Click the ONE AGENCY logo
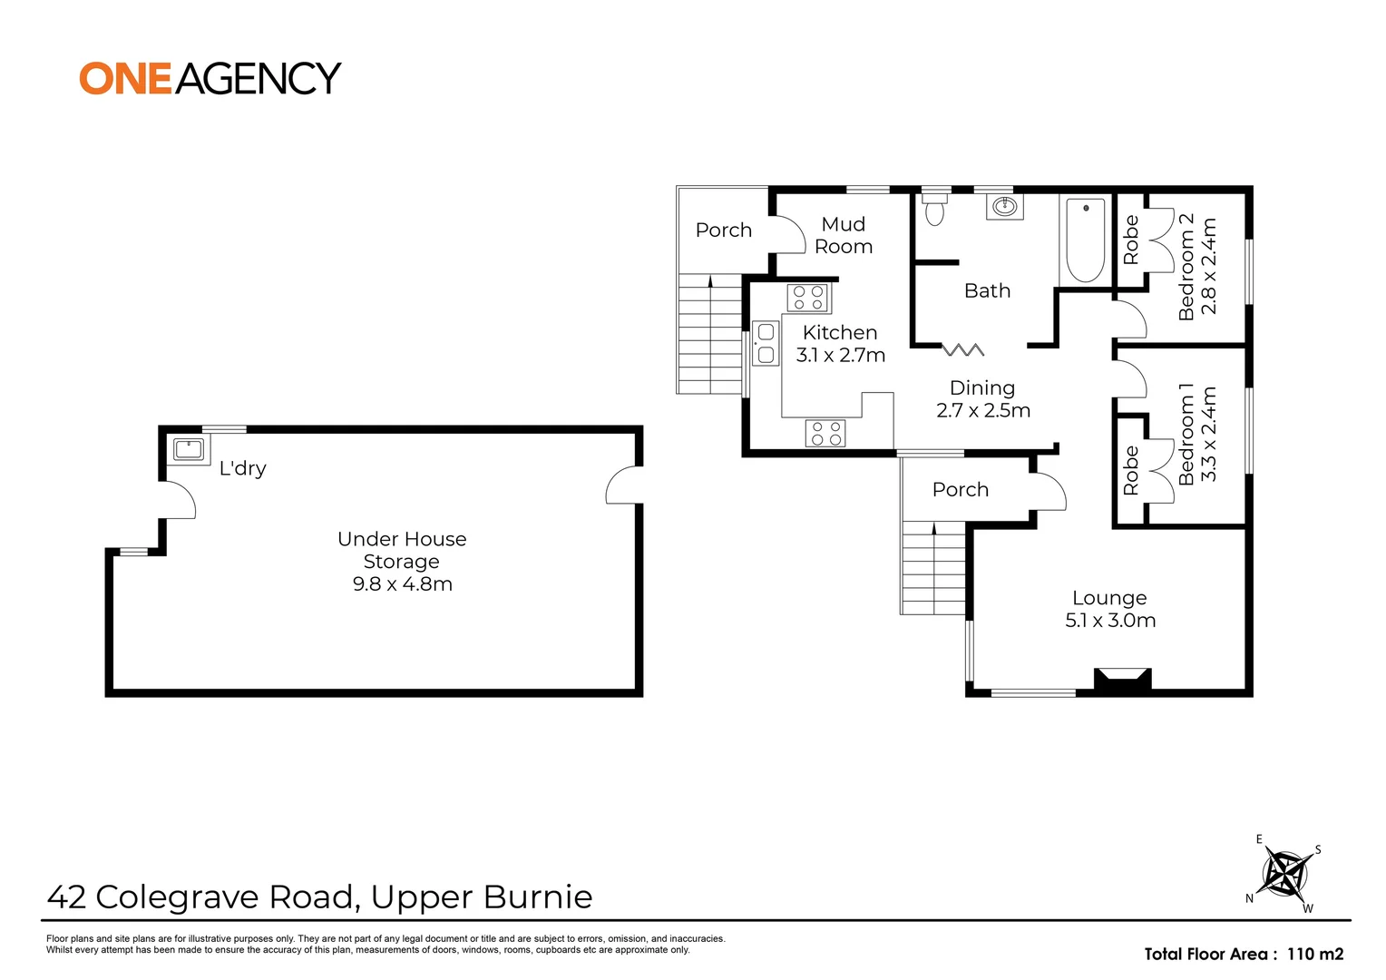click(210, 78)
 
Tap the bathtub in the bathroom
click(1085, 240)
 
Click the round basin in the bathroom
click(1004, 207)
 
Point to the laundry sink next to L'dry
click(189, 448)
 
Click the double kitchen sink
click(766, 343)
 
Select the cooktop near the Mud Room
click(807, 298)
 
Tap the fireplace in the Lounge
click(1122, 681)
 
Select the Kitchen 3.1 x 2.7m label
click(840, 344)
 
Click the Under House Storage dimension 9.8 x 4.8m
click(402, 584)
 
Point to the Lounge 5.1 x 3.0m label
click(1109, 609)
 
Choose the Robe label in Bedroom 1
click(1130, 470)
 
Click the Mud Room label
click(843, 235)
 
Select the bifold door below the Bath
click(962, 349)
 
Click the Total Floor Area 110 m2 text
click(1243, 954)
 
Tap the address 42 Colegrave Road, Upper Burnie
click(319, 897)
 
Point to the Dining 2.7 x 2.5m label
click(982, 399)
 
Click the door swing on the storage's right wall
click(622, 485)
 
